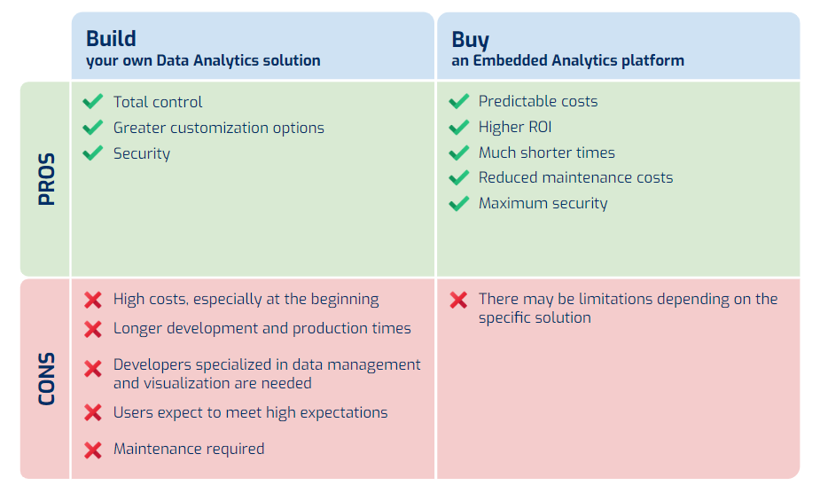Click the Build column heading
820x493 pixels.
[111, 39]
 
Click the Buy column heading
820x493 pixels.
[470, 40]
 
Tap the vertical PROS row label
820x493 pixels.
[47, 179]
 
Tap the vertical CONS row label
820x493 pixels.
[47, 379]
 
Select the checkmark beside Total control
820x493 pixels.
[93, 102]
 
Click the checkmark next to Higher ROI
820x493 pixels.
[458, 127]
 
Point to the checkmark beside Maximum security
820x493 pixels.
[458, 204]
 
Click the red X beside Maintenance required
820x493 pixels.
[93, 450]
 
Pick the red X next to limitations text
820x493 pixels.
[458, 300]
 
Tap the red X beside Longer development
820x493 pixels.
[93, 329]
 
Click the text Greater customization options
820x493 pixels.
[219, 129]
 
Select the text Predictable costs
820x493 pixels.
[538, 101]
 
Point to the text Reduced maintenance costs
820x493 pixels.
[576, 177]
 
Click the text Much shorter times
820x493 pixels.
[546, 153]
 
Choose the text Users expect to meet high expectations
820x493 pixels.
[251, 413]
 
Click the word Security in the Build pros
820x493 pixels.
[142, 154]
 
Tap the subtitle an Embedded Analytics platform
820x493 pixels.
[567, 60]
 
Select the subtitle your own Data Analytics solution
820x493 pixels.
[203, 60]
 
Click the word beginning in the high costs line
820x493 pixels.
[345, 300]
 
